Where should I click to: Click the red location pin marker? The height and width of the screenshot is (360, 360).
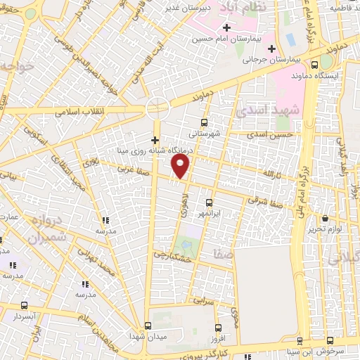pyautogui.click(x=181, y=166)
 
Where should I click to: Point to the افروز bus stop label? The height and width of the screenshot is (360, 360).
pyautogui.click(x=218, y=340)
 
